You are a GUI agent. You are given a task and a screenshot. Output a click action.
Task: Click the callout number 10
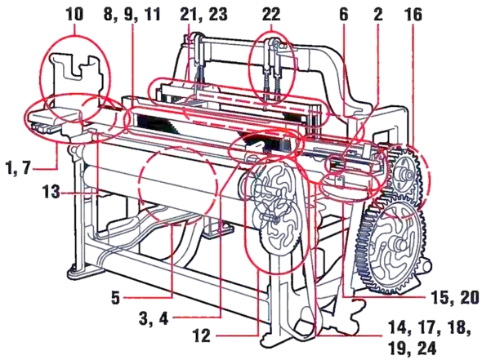[x=74, y=14]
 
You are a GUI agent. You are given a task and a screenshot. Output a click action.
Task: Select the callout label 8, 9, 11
[x=132, y=15]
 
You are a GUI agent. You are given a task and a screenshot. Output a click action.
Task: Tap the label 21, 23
[x=203, y=15]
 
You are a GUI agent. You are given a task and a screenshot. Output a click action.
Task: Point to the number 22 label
[x=271, y=14]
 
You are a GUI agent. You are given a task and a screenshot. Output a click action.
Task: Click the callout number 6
[x=344, y=14]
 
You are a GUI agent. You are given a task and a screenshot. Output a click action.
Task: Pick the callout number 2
[x=378, y=14]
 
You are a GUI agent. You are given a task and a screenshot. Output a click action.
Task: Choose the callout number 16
[x=413, y=14]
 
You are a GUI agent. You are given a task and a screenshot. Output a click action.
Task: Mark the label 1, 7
[x=19, y=168]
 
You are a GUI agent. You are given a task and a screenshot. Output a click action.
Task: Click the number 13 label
[x=51, y=192]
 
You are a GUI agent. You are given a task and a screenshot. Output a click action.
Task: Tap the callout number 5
[x=115, y=297]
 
